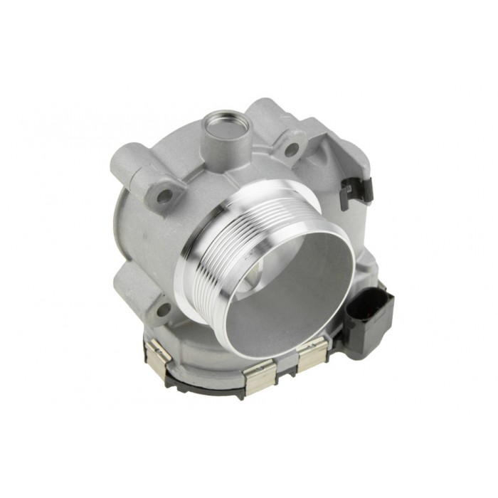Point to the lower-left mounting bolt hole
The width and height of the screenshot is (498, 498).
coord(163,309)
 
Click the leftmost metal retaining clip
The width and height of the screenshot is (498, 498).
coord(159,354)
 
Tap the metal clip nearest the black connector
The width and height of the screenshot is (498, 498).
coord(312,354)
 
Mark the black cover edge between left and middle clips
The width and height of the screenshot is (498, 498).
coord(206,377)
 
